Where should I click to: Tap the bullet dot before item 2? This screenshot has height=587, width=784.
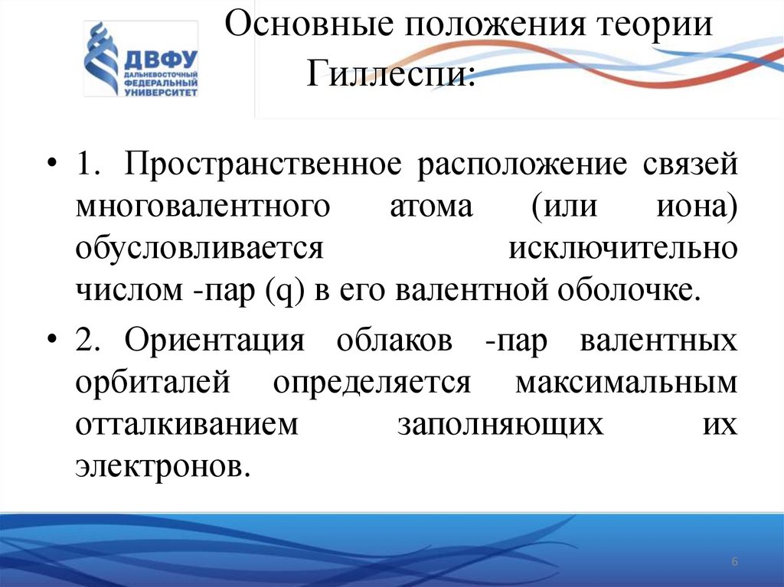(53, 340)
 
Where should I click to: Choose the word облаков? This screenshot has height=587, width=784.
(394, 340)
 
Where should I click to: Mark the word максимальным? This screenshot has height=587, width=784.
(626, 381)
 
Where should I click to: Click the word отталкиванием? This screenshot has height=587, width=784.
(186, 423)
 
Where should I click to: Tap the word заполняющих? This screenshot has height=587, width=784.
(500, 423)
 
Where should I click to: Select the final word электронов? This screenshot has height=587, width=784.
(163, 465)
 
